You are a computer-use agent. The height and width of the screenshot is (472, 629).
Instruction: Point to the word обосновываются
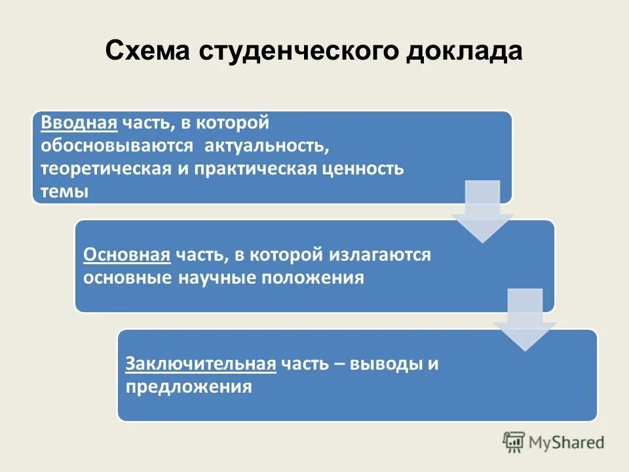(117, 146)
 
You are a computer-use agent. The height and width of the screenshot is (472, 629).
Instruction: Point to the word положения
(313, 278)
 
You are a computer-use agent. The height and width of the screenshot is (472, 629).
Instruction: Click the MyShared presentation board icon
(514, 441)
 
